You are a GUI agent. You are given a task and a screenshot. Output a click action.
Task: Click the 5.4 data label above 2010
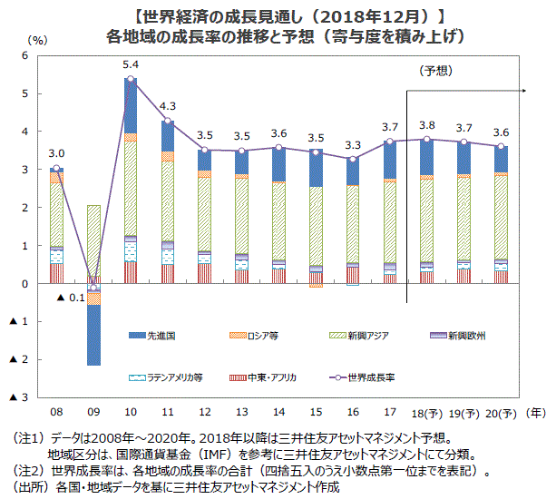pyautogui.click(x=131, y=65)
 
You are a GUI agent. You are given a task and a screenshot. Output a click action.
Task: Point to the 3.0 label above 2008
pyautogui.click(x=56, y=153)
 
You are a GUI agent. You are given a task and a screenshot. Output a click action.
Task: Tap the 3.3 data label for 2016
pyautogui.click(x=353, y=145)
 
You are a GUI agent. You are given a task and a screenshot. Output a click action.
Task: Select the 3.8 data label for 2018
pyautogui.click(x=427, y=125)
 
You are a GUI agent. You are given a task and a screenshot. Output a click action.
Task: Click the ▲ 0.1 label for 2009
pyautogui.click(x=70, y=298)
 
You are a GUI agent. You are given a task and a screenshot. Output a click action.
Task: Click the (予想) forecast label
pyautogui.click(x=437, y=71)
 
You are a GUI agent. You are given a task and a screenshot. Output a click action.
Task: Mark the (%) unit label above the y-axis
pyautogui.click(x=38, y=40)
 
